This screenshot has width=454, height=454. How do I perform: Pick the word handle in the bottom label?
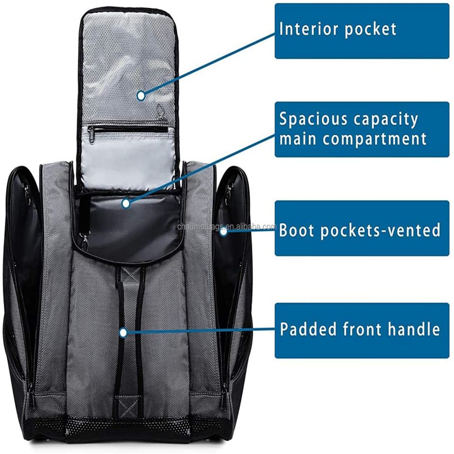tap(414, 329)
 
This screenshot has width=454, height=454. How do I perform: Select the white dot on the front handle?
tap(123, 332)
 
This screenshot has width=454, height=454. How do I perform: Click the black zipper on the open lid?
tap(128, 129)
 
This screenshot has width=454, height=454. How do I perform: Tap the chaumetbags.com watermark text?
tap(226, 227)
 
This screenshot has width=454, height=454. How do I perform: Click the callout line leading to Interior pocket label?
tap(208, 64)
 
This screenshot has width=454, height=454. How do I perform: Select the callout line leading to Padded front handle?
tap(199, 332)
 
